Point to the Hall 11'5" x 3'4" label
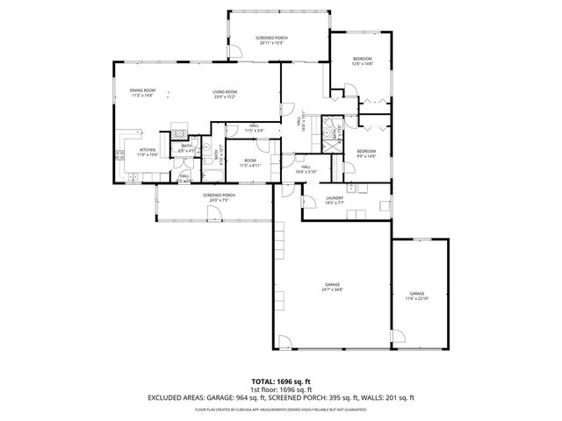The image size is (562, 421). click(x=253, y=128)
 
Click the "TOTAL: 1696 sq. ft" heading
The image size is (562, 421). click(x=280, y=382)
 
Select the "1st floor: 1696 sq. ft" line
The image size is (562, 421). click(x=280, y=389)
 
